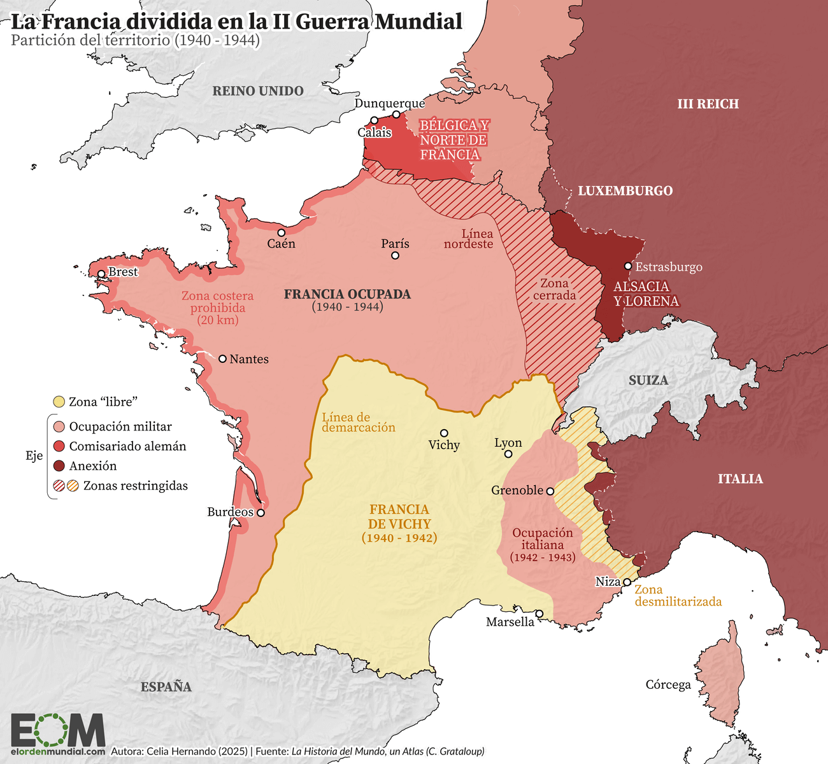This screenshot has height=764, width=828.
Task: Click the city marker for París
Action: pos(395,255)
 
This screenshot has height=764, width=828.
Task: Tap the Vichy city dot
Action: pos(444,433)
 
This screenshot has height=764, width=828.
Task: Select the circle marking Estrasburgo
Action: pos(628,266)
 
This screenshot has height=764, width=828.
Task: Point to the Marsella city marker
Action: pos(539,614)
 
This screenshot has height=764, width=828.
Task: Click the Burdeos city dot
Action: pos(261,512)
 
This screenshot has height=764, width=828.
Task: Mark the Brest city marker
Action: pos(101,274)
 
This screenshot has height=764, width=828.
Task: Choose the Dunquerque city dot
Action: pos(396,115)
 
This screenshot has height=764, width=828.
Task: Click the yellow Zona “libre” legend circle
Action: pos(59,402)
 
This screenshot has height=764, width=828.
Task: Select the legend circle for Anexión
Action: pos(59,466)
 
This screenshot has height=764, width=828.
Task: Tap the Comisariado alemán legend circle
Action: pos(59,446)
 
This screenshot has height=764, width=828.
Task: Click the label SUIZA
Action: pos(648,381)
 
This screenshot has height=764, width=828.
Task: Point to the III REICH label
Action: pos(708,104)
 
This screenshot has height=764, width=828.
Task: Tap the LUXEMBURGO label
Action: pos(625,191)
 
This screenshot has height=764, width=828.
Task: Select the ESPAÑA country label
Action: pos(166,687)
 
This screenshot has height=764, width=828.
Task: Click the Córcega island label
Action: pos(668,685)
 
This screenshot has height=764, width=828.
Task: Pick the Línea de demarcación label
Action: pos(358,423)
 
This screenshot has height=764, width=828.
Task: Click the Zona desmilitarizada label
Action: pos(678,596)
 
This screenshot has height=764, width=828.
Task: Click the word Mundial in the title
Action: pos(418,21)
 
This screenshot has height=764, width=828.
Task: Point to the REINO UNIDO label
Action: pos(258,91)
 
